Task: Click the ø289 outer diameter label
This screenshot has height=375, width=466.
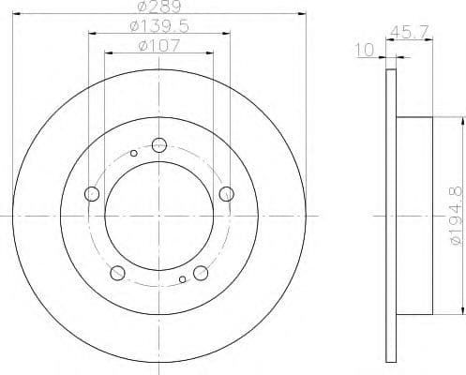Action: point(157,7)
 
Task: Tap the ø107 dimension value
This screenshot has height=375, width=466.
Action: point(157,44)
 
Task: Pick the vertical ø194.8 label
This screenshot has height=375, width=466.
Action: point(455,217)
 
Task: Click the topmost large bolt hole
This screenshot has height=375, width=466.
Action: point(158,144)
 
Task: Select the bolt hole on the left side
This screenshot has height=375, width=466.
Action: point(92,194)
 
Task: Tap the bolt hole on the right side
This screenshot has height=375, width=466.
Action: point(225,194)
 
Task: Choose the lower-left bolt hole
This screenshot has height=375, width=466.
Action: point(117,273)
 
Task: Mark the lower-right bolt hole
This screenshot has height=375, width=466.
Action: point(200,273)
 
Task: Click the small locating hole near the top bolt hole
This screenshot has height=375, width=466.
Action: point(134,153)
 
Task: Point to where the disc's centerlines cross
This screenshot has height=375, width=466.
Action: point(158,217)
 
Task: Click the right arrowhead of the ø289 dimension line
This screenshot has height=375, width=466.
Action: point(305,15)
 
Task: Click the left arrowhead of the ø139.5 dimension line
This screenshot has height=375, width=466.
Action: point(92,34)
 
